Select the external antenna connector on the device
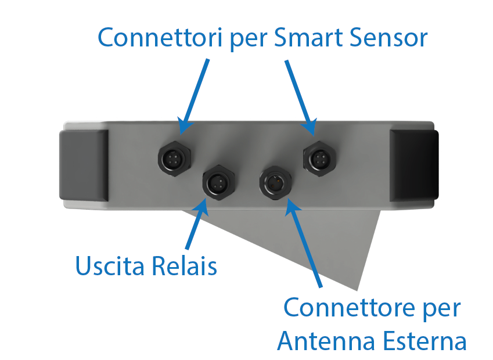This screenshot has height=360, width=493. [275, 183]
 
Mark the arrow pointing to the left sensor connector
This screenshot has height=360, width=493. [195, 93]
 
